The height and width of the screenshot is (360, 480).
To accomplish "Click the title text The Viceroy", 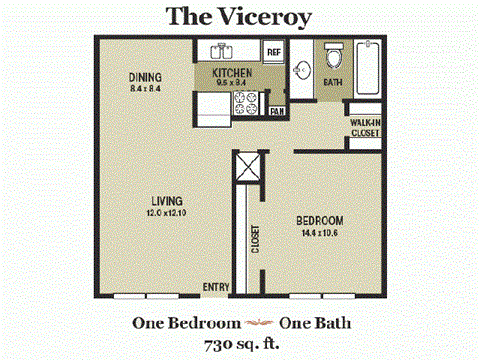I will (x=240, y=16).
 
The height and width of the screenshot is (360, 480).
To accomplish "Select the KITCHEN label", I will (x=231, y=74).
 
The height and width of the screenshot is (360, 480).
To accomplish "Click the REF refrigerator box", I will (x=273, y=51).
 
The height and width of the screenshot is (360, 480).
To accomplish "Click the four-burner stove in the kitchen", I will (x=245, y=100).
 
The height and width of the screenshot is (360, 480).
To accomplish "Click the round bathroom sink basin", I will (x=304, y=71).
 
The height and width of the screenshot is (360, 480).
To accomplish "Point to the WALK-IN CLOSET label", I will (x=364, y=129).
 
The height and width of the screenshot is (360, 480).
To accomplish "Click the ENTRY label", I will (x=216, y=287).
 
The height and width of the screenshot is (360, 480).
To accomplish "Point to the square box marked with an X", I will (x=248, y=167).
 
